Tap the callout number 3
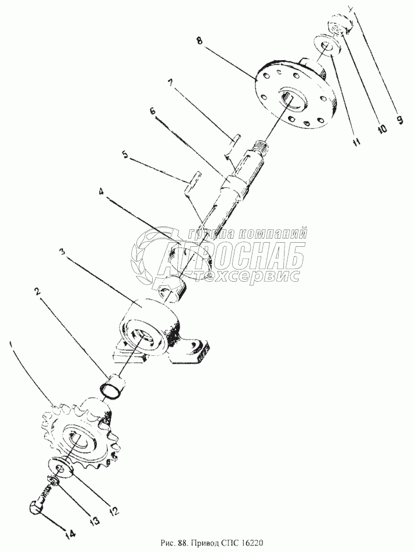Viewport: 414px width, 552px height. (62, 252)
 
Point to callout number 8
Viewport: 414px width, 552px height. (199, 40)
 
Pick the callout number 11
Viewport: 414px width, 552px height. (356, 142)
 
